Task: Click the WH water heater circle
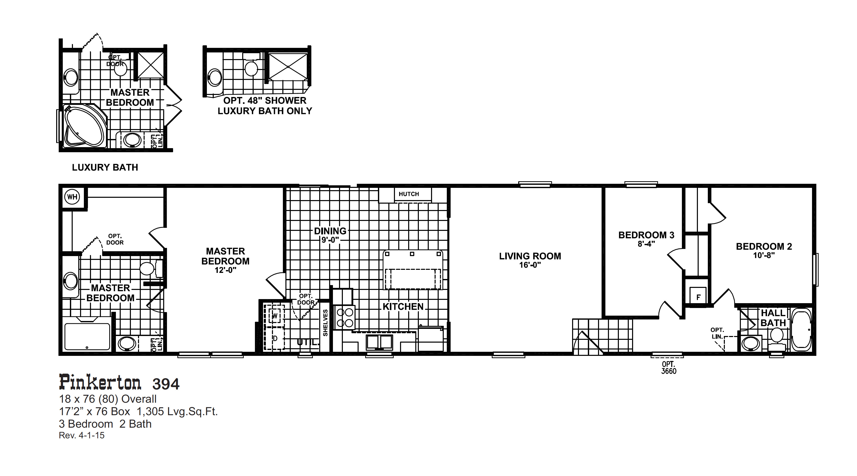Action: pos(72,197)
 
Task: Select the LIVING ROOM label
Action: pos(530,256)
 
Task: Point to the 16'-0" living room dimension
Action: pos(530,265)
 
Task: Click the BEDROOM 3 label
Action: pos(646,235)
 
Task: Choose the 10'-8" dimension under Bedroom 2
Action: pos(764,256)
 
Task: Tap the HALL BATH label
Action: pos(773,318)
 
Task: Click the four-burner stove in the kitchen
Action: pos(345,318)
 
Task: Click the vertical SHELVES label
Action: pos(325,323)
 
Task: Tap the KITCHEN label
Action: pos(403,307)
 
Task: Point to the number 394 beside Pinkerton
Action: pos(166,384)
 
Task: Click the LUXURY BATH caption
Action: pos(105,167)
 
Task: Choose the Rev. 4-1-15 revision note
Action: pos(82,435)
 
